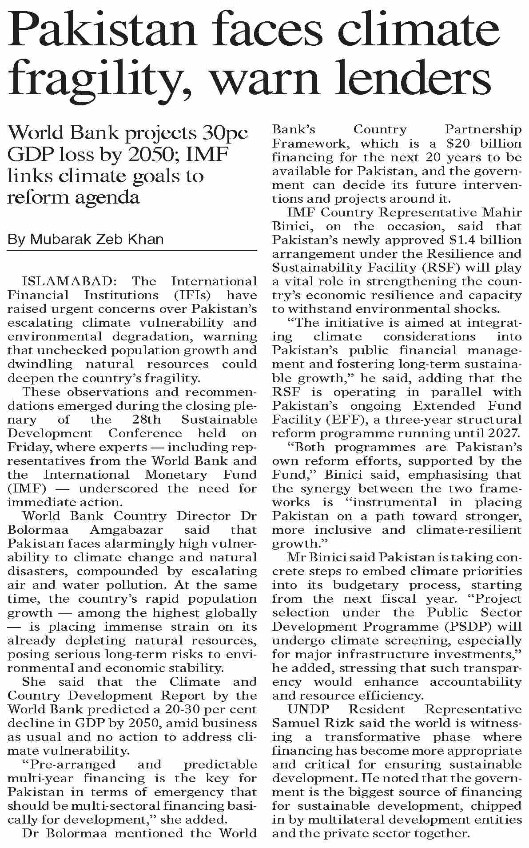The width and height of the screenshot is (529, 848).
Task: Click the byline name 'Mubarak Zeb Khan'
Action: pos(97,240)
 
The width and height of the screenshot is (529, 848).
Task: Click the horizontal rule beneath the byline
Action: pos(132,251)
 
